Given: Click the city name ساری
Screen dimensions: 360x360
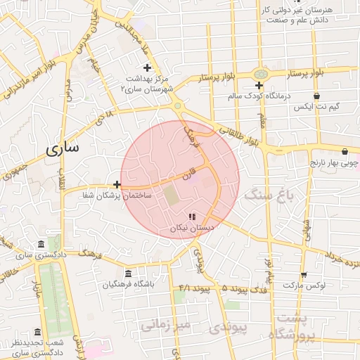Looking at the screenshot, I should [x=64, y=148].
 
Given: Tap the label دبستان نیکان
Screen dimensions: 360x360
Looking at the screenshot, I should [x=191, y=229].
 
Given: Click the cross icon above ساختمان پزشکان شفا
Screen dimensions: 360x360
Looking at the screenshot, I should [x=117, y=185].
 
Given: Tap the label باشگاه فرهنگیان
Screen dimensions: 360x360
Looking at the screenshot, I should [x=127, y=285].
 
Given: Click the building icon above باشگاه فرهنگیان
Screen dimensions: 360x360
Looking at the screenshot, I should [x=127, y=274].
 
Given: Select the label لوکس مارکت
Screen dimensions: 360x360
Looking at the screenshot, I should [x=304, y=286].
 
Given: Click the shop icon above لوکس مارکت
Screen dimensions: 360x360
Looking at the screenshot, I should [x=304, y=275].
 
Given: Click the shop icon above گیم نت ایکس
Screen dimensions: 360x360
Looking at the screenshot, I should [x=317, y=96].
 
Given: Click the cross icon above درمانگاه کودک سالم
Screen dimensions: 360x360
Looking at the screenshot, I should [x=259, y=85].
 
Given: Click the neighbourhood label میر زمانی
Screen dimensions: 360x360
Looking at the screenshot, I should [x=165, y=325].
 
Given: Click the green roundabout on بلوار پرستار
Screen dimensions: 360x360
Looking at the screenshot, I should [x=261, y=73].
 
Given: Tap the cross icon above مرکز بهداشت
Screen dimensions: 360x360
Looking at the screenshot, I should [x=147, y=67].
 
